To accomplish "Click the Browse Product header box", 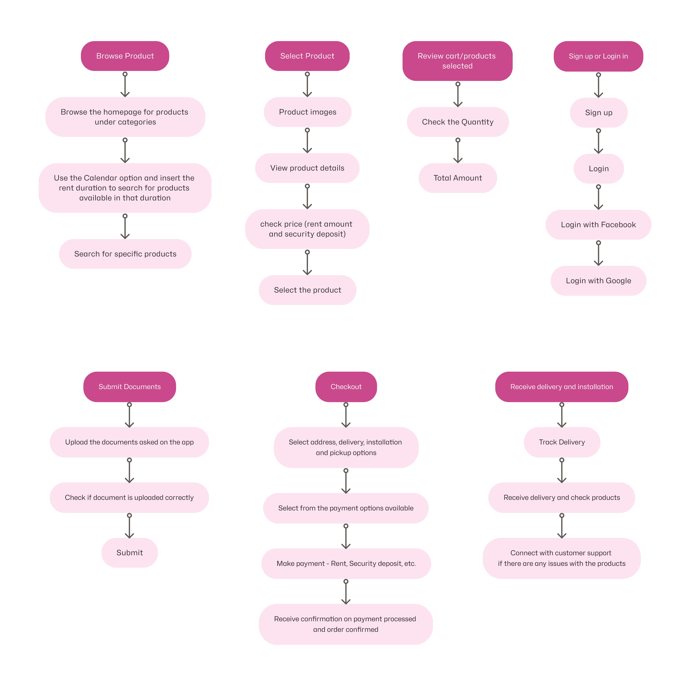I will click(x=125, y=56).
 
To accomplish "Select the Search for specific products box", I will click(x=125, y=254).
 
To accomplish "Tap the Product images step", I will click(x=308, y=112).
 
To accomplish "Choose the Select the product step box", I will click(x=308, y=290).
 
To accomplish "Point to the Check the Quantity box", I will click(x=457, y=122).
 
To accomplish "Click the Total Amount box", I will click(x=457, y=178).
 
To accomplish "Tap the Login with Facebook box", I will click(x=598, y=225).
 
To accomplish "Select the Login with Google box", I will click(x=598, y=281).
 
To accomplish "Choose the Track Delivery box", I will click(x=562, y=442).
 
